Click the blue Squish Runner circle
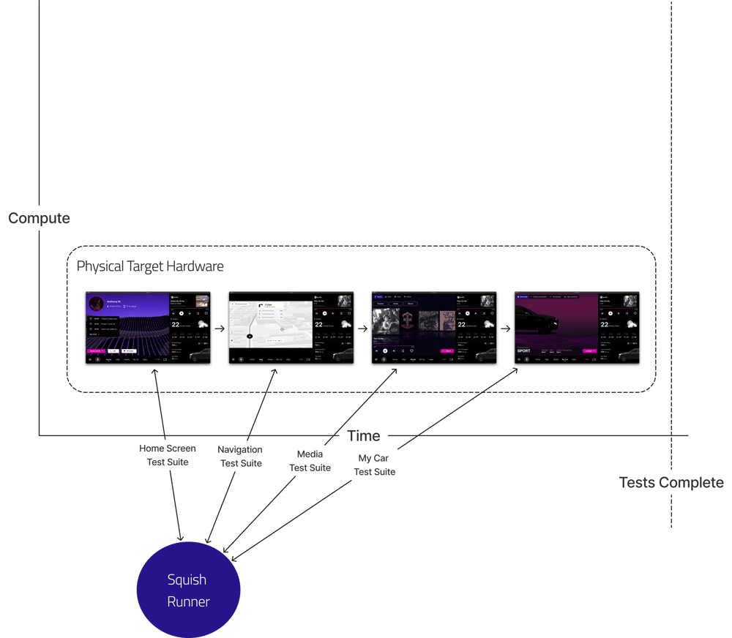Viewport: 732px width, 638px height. click(188, 590)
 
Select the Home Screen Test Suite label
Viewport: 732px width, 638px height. click(168, 455)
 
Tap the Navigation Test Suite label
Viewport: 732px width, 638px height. click(240, 456)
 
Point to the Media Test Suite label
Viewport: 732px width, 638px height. click(310, 461)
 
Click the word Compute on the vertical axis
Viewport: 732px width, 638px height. click(39, 218)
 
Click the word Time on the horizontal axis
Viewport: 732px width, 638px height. click(364, 436)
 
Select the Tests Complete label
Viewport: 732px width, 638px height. click(671, 482)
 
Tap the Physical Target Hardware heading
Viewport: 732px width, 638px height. click(150, 266)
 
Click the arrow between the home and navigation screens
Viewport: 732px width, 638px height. click(219, 329)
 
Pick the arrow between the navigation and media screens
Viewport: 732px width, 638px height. click(362, 329)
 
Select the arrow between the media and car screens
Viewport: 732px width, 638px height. click(505, 329)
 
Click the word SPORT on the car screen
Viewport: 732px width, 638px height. click(524, 350)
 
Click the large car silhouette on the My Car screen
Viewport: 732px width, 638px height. click(538, 318)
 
